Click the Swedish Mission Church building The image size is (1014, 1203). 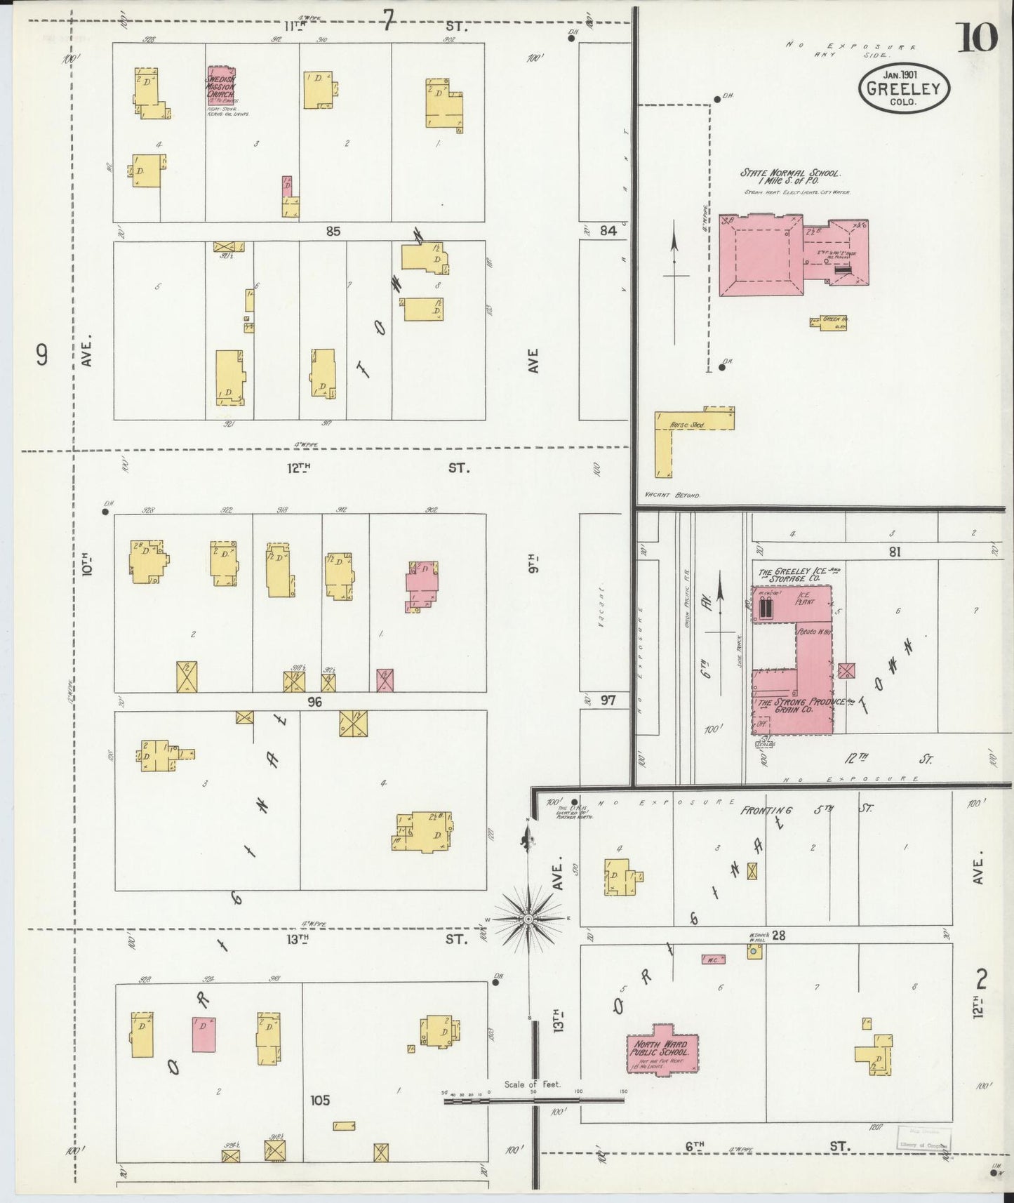[x=220, y=85]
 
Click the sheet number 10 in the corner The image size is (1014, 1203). [x=976, y=37]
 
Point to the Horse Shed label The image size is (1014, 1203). [x=687, y=425]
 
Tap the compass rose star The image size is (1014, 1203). [x=528, y=919]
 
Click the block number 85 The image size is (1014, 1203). [x=333, y=231]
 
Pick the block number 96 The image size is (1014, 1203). [x=314, y=701]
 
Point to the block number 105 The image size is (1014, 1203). [x=319, y=1100]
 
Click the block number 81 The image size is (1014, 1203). [x=894, y=552]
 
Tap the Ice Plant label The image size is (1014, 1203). [x=803, y=597]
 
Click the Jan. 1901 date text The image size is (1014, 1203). [x=902, y=74]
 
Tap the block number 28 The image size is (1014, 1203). [x=778, y=935]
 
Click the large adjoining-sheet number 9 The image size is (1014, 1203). [x=42, y=356]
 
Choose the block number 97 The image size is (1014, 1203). [x=608, y=700]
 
